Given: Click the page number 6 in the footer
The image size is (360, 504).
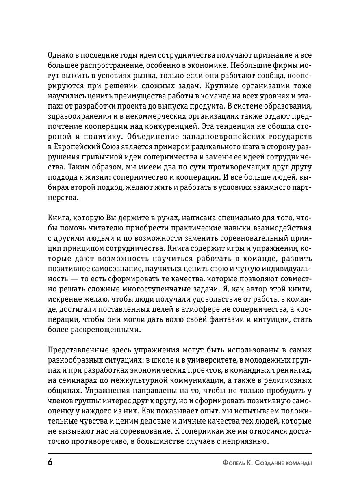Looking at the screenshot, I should tap(50, 462).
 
